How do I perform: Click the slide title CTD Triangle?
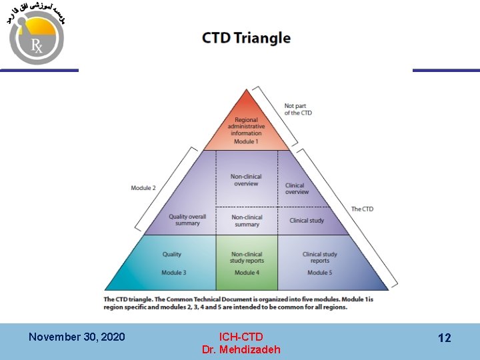(246, 37)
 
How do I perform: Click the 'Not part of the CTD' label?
(297, 109)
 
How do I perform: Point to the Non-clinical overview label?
(246, 180)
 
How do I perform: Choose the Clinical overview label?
(297, 189)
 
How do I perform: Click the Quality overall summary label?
(187, 220)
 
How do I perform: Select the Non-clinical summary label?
(247, 221)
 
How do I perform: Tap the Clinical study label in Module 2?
(307, 221)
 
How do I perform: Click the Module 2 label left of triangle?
(143, 188)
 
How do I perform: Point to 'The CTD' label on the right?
(362, 209)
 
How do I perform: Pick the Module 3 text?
(174, 273)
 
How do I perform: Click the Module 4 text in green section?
(247, 273)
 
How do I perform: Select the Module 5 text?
(320, 273)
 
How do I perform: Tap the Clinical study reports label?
(320, 257)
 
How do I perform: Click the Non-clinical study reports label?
(247, 257)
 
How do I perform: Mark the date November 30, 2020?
(77, 337)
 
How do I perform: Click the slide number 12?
(444, 338)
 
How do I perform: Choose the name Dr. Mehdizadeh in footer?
(241, 349)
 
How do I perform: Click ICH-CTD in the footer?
(241, 337)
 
